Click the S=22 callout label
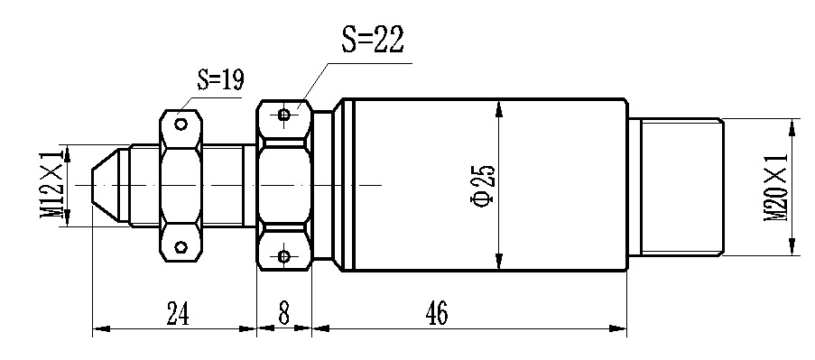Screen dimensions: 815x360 372,39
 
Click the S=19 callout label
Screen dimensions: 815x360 220,79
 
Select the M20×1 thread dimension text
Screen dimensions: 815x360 775,187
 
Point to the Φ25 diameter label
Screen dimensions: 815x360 483,185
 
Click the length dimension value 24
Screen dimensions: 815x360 178,313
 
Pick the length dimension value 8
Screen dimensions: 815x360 283,313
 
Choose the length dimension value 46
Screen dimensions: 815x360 436,313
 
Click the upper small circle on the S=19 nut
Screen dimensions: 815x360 181,124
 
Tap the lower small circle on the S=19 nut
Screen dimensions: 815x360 181,246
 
